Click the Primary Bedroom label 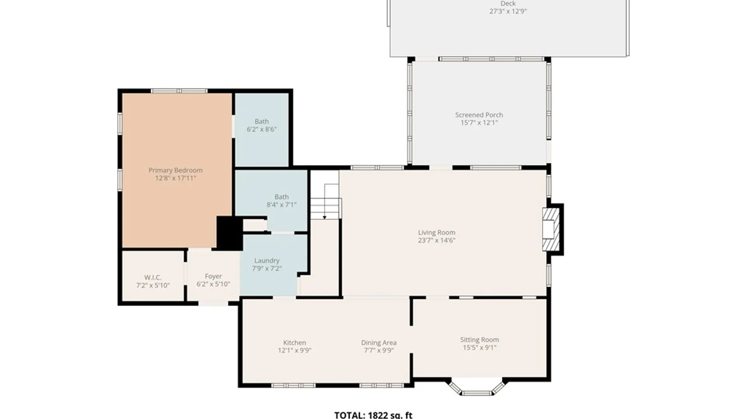point(176,170)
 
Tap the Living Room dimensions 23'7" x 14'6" point(437,240)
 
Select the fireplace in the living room point(551,229)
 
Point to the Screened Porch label point(479,115)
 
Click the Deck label point(508,3)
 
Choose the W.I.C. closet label point(153,277)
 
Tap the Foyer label point(213,276)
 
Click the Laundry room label point(267,261)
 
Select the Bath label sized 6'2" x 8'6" point(261,121)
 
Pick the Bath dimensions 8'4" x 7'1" point(282,204)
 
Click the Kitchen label point(295,343)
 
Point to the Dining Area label point(379,343)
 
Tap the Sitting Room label point(479,339)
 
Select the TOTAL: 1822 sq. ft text point(373,415)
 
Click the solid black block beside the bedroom point(230,233)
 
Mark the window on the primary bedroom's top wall point(179,91)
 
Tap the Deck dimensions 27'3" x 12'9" point(508,11)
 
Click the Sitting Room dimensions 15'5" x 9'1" point(479,348)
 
